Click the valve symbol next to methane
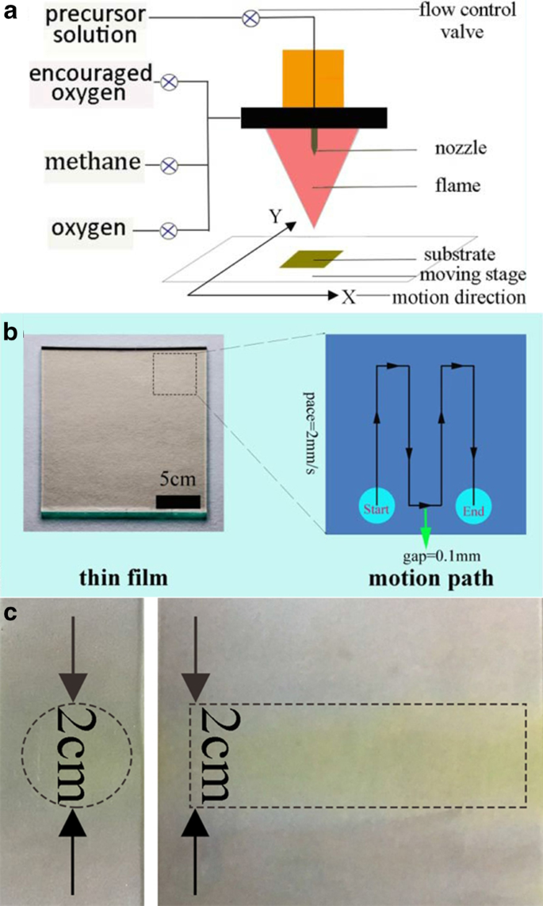169,165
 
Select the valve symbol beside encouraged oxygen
169,82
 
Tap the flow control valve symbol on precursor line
251,17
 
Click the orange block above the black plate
313,78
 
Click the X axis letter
349,297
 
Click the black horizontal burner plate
314,117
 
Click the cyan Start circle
376,510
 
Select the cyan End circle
473,510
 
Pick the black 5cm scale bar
178,501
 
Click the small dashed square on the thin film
174,373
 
